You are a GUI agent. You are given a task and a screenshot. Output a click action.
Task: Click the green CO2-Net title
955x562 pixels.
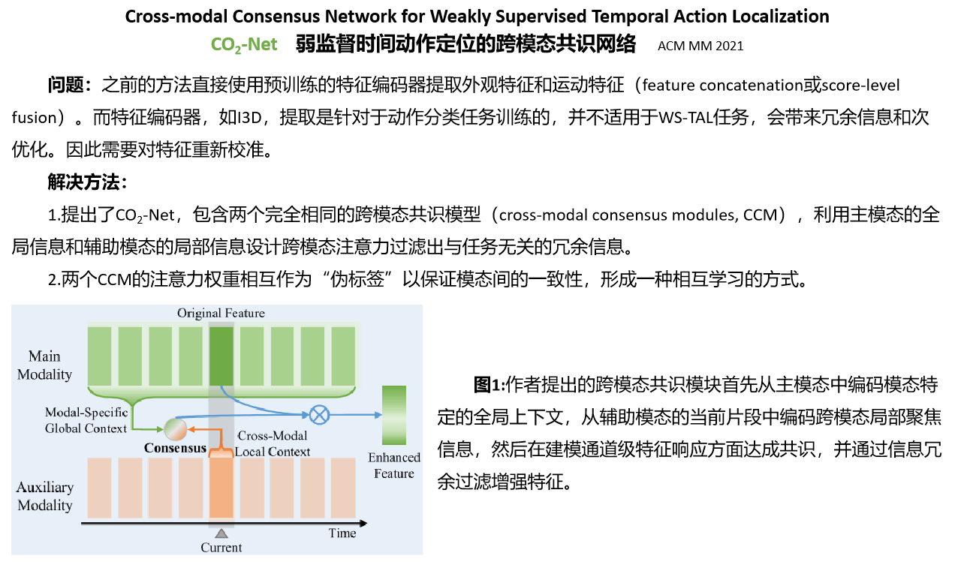pyautogui.click(x=244, y=45)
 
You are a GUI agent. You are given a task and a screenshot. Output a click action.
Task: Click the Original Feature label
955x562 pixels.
pyautogui.click(x=221, y=313)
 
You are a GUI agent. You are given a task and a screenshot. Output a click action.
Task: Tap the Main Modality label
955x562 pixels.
pyautogui.click(x=44, y=365)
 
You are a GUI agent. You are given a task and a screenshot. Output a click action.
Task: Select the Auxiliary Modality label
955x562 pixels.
pyautogui.click(x=45, y=496)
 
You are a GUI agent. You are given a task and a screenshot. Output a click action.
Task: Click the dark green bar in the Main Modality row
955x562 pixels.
pyautogui.click(x=221, y=356)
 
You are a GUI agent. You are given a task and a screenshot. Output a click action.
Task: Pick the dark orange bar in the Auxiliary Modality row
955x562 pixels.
pyautogui.click(x=221, y=487)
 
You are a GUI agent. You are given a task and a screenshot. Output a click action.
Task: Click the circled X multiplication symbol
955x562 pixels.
pyautogui.click(x=320, y=414)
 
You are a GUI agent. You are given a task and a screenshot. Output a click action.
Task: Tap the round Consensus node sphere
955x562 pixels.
pyautogui.click(x=175, y=428)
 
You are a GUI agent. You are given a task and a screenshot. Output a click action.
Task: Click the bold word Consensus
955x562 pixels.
pyautogui.click(x=175, y=449)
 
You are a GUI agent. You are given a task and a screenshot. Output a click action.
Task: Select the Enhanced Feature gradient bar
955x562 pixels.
pyautogui.click(x=394, y=415)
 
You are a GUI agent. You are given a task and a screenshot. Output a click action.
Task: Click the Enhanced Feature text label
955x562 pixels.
pyautogui.click(x=394, y=465)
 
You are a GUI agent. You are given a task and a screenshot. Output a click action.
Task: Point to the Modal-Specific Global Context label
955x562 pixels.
pyautogui.click(x=86, y=420)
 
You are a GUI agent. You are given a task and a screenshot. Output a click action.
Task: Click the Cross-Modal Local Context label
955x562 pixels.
pyautogui.click(x=273, y=443)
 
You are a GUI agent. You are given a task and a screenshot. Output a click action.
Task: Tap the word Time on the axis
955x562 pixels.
pyautogui.click(x=342, y=533)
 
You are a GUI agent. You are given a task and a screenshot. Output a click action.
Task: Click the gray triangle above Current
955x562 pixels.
pyautogui.click(x=221, y=533)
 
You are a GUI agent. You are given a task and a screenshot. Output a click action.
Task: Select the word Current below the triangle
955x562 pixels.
pyautogui.click(x=221, y=548)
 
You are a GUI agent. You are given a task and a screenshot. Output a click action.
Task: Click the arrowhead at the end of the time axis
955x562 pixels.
pyautogui.click(x=363, y=523)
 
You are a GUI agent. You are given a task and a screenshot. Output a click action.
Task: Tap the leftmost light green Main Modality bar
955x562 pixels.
pyautogui.click(x=100, y=356)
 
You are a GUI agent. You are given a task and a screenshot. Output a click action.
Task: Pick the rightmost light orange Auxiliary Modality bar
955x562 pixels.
pyautogui.click(x=342, y=487)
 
